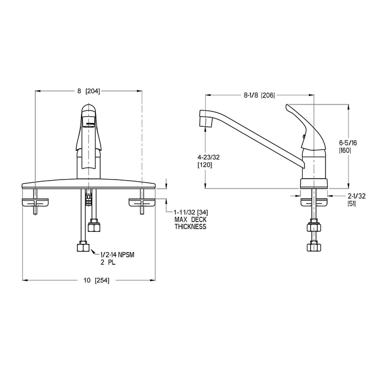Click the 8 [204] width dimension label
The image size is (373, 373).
point(88,91)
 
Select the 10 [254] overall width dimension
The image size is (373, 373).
point(96,280)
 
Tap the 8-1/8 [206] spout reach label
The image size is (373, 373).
point(260,95)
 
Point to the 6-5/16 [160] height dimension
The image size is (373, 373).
point(348,147)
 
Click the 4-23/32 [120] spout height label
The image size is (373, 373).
point(209,161)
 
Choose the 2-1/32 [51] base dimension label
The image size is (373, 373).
point(356,200)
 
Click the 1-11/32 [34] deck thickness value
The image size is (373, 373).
point(191,212)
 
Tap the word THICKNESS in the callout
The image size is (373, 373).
point(190,226)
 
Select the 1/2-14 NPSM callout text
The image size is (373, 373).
point(117,255)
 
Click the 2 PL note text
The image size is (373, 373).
point(108,263)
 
